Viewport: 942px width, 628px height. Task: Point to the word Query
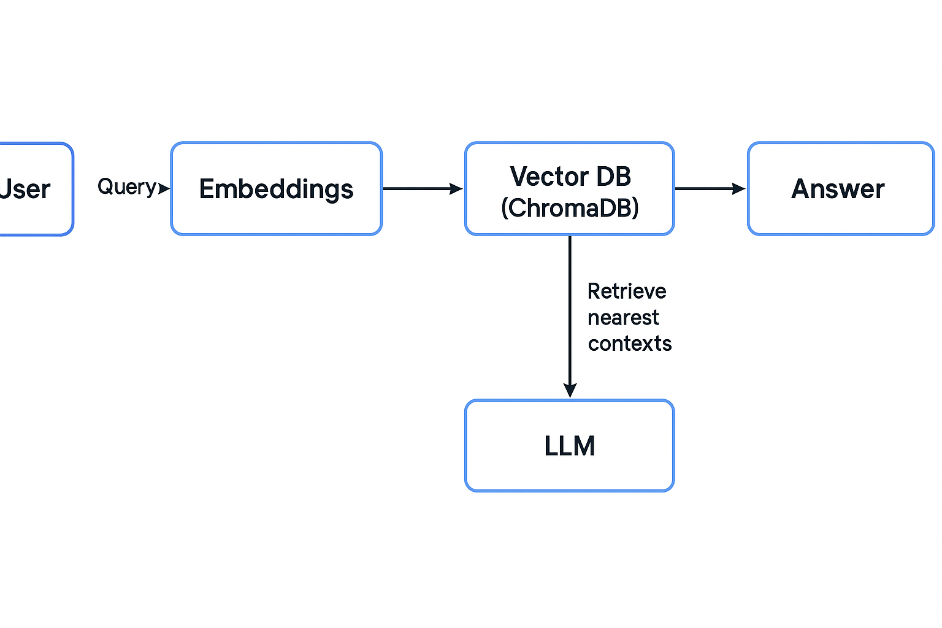tap(127, 186)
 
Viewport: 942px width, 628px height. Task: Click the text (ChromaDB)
tap(570, 209)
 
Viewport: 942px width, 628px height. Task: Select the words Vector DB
tap(570, 177)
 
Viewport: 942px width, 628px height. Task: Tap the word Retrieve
tap(626, 291)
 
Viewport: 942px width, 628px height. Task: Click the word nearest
tap(623, 318)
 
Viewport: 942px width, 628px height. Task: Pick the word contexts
tap(629, 343)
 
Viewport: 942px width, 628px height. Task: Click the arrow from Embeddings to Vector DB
tap(417, 189)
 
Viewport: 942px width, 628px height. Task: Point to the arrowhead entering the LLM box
tap(570, 390)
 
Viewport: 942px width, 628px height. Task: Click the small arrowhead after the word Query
tap(164, 188)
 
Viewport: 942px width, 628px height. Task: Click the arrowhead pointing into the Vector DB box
tap(456, 189)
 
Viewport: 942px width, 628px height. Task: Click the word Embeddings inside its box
tap(276, 189)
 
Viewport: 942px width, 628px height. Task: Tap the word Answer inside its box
tap(838, 189)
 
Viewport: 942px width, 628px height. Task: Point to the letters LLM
tap(569, 446)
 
